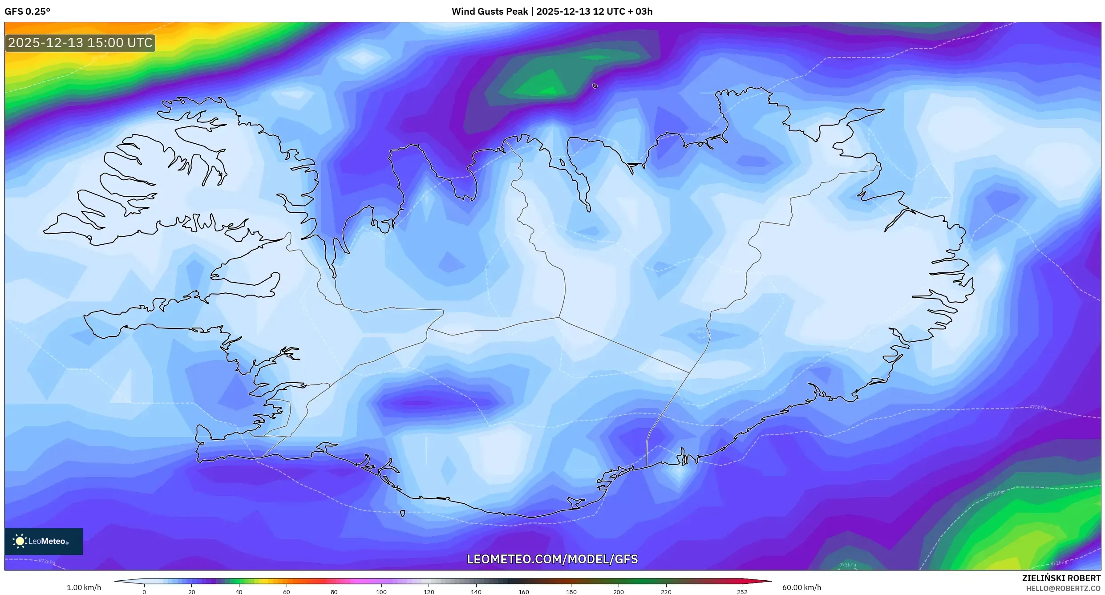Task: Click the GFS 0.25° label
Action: [x=28, y=12]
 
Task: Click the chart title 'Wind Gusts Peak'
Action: [x=490, y=12]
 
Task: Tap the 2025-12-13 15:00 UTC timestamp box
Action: [x=80, y=43]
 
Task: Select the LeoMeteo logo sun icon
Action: [x=20, y=541]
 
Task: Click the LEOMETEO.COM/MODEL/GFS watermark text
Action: [x=552, y=559]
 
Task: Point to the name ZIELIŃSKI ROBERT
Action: [x=1061, y=578]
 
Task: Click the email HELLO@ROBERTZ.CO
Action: [x=1063, y=588]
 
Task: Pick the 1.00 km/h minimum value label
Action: [x=84, y=587]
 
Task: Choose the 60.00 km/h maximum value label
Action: [x=801, y=587]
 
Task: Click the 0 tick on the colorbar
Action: [x=144, y=591]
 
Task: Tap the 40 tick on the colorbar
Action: [x=239, y=591]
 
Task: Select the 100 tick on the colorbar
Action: [x=381, y=591]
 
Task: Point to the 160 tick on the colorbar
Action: [x=524, y=591]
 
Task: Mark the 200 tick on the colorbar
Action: [x=619, y=591]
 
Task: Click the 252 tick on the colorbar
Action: [x=742, y=591]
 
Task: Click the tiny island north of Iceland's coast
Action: [x=595, y=86]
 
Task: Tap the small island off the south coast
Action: [x=403, y=514]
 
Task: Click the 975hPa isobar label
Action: [x=1038, y=407]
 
